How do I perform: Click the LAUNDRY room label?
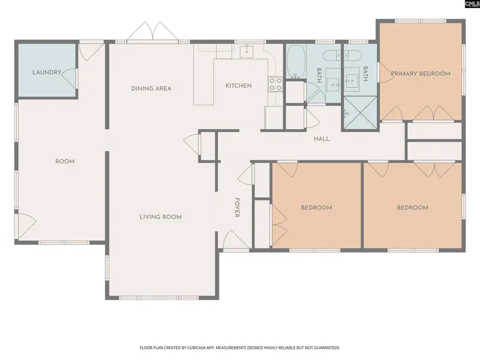pos(47,73)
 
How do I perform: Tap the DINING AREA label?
pos(151,89)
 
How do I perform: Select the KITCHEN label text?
pos(239,85)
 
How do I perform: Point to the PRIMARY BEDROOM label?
pos(421,74)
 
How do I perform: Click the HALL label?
pos(322,139)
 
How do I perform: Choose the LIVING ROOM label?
pos(161,217)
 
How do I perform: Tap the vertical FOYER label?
pos(237,208)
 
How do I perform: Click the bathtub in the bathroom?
pos(296,62)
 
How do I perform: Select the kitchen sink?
pos(247,51)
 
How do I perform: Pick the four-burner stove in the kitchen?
pos(276,84)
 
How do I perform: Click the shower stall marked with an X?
pos(360,112)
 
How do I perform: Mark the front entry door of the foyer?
pos(236,240)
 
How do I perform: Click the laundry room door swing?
pos(69,79)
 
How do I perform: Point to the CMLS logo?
pos(472,3)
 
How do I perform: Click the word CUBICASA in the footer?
pos(198,348)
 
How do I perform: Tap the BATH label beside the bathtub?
pos(319,75)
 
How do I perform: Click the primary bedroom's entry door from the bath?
pos(386,73)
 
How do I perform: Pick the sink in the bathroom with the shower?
pos(351,80)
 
